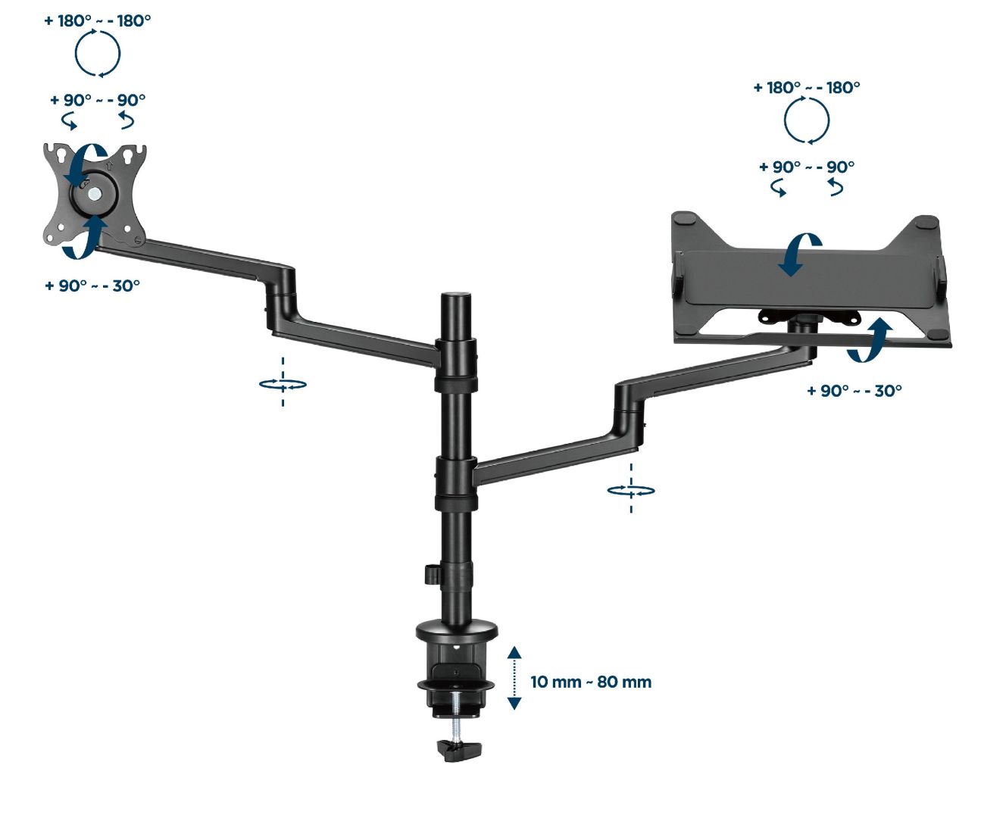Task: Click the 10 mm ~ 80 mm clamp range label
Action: click(x=590, y=682)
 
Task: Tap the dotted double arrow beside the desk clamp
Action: click(x=514, y=678)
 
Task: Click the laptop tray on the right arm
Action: click(x=811, y=280)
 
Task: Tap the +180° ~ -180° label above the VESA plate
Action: click(x=97, y=20)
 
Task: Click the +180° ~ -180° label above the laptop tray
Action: click(x=806, y=87)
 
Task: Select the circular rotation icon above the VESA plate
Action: click(x=97, y=53)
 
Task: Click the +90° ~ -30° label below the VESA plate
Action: click(x=92, y=286)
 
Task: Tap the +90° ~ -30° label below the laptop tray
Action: click(x=854, y=391)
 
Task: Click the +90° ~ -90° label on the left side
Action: click(x=98, y=100)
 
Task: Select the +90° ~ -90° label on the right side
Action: click(x=807, y=167)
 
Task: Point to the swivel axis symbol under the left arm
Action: click(x=283, y=383)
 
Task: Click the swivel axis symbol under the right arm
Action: click(x=631, y=489)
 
